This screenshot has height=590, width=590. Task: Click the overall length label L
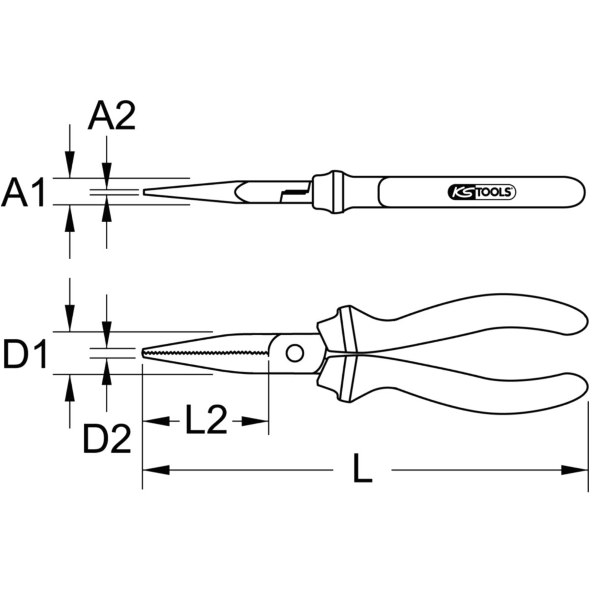point(362,477)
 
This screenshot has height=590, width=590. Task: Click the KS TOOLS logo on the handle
point(482,192)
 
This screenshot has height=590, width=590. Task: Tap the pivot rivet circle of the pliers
point(295,353)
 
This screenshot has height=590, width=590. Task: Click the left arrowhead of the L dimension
point(156,478)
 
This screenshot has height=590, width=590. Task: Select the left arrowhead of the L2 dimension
point(156,421)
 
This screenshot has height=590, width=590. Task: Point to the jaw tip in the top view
point(144,192)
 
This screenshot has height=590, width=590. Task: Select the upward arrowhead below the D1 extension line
point(70,387)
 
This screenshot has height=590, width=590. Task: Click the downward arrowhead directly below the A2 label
point(107,176)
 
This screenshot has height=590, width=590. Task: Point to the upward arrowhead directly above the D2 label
point(107,371)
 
